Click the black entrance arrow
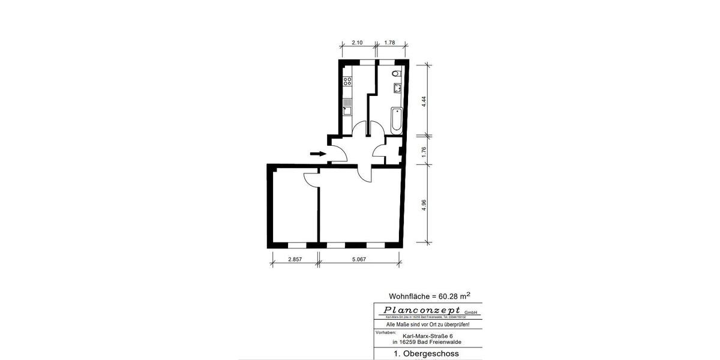(318, 154)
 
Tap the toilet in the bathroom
(395, 74)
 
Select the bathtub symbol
(397, 120)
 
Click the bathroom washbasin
(397, 89)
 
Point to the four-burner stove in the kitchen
(347, 82)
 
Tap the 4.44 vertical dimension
(424, 101)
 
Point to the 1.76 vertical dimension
(424, 151)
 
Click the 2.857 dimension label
(295, 260)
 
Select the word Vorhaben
(385, 331)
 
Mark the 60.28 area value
(450, 296)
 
